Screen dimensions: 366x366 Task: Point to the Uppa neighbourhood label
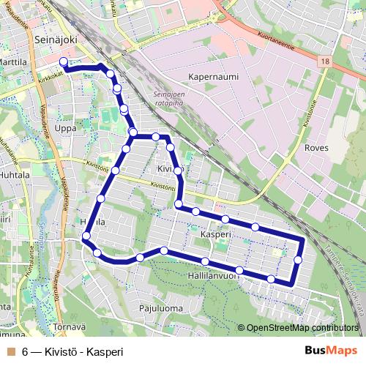coord(65,128)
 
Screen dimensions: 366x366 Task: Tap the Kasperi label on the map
coord(214,234)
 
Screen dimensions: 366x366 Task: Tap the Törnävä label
coord(69,326)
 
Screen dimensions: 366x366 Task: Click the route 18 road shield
coord(324,63)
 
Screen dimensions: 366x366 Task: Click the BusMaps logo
coord(332,351)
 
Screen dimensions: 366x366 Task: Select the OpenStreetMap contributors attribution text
coord(302,328)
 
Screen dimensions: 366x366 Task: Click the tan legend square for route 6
coord(10,351)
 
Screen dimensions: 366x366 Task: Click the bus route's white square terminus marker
coord(63,64)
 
